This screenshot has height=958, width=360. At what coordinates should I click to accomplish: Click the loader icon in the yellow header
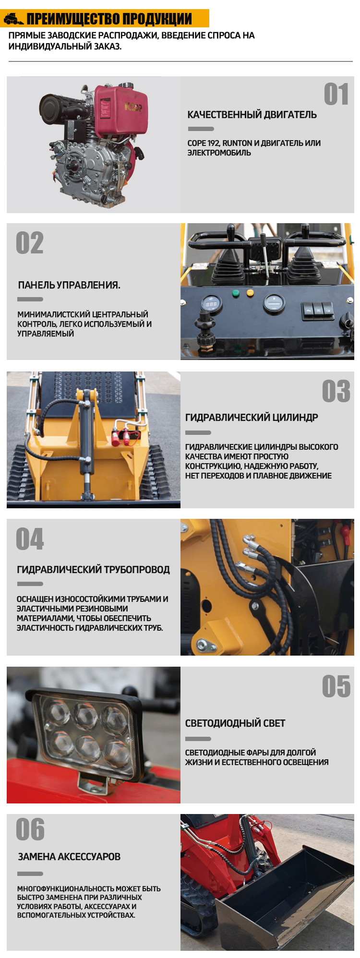click(x=13, y=19)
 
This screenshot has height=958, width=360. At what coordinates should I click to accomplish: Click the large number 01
click(x=336, y=94)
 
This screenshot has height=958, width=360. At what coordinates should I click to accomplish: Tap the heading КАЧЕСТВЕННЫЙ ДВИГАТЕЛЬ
click(x=252, y=115)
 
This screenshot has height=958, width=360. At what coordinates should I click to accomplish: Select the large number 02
click(x=30, y=243)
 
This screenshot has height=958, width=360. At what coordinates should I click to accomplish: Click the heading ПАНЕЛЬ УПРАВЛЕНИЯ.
click(x=69, y=285)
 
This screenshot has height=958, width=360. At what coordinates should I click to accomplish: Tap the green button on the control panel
click(x=236, y=292)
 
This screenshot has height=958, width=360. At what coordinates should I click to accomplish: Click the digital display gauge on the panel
click(x=211, y=304)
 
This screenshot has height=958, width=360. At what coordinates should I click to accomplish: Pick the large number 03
click(x=336, y=392)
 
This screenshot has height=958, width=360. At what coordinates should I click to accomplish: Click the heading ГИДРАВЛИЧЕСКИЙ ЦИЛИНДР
click(x=252, y=418)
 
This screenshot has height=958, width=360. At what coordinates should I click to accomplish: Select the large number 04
click(x=30, y=539)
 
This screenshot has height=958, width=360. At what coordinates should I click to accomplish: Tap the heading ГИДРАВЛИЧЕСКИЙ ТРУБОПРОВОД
click(x=93, y=570)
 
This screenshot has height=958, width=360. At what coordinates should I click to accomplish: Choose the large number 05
click(x=336, y=686)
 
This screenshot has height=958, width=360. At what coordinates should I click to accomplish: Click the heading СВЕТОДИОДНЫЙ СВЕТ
click(x=235, y=723)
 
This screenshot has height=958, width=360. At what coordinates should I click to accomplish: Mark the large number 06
click(x=30, y=829)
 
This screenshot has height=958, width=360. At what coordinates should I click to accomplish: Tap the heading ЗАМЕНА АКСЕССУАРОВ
click(x=69, y=857)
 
